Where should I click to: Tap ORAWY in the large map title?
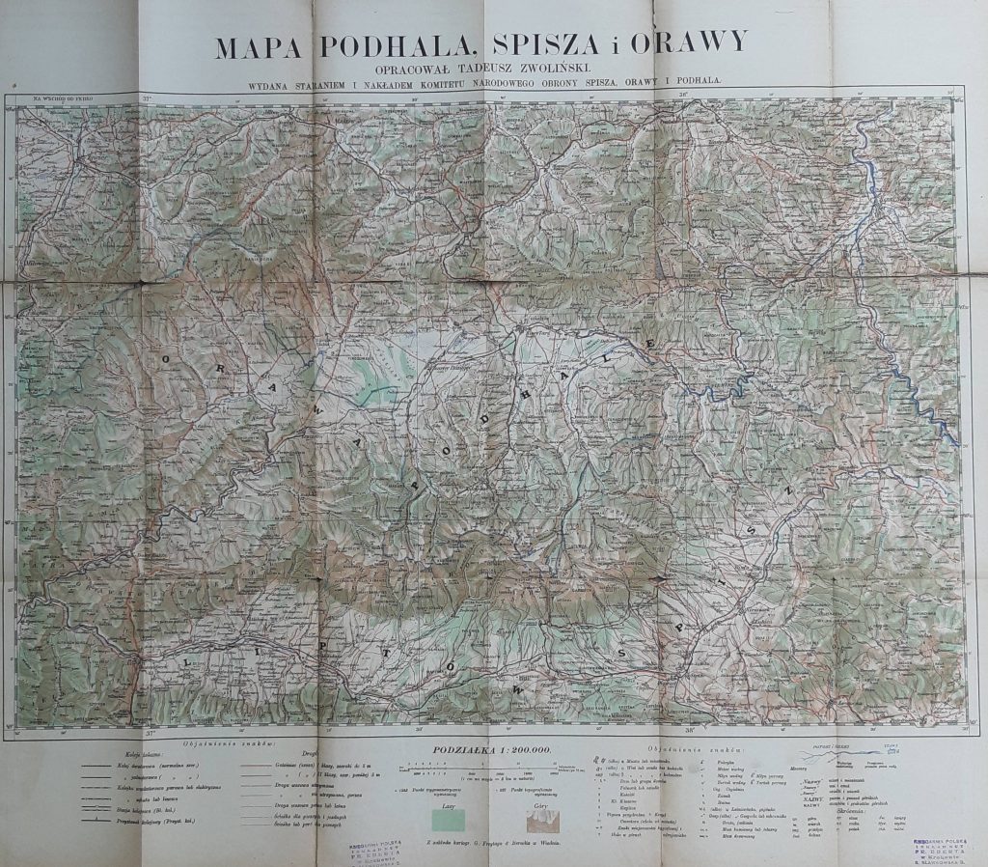click(x=698, y=43)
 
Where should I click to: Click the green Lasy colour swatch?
click(x=448, y=821)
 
